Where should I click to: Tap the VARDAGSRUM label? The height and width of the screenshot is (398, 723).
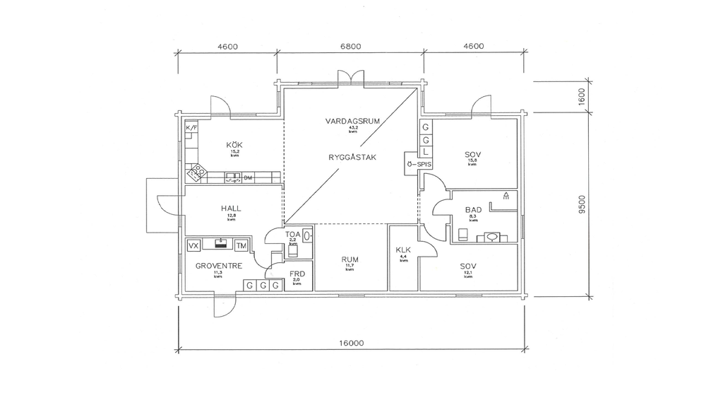click(352, 121)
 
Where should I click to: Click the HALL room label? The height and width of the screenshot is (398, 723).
click(231, 209)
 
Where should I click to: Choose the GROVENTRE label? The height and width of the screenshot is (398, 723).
click(219, 266)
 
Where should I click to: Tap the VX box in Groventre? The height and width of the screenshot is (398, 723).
click(193, 245)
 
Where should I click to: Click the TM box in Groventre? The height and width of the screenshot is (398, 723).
click(241, 245)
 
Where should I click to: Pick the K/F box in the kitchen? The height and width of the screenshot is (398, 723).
click(191, 127)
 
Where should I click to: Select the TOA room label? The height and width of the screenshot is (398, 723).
click(293, 234)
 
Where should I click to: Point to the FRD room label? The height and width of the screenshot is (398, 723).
click(297, 274)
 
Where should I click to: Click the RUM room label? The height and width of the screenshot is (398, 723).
click(349, 259)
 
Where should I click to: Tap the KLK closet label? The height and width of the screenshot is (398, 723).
click(403, 250)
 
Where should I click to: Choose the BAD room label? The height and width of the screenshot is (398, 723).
click(473, 210)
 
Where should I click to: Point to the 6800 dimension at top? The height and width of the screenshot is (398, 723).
click(351, 47)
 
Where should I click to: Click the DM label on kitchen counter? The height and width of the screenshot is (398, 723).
click(248, 177)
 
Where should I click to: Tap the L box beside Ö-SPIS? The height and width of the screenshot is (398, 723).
click(425, 152)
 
